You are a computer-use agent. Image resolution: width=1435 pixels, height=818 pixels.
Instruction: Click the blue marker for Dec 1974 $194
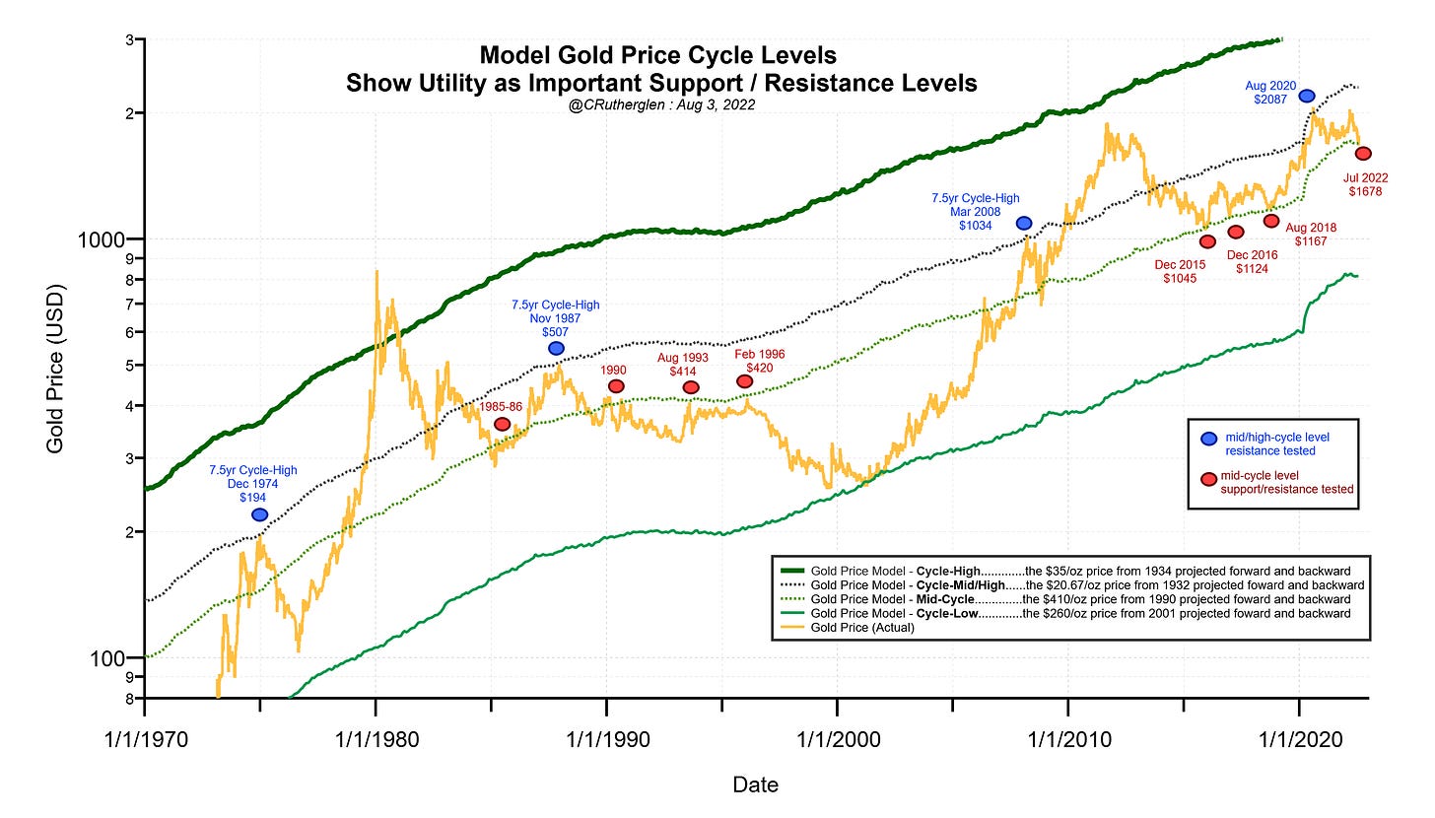259,514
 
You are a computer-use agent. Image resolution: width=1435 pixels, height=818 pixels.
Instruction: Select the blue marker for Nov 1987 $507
556,349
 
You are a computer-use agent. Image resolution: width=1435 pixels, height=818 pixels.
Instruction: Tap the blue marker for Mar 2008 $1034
1024,224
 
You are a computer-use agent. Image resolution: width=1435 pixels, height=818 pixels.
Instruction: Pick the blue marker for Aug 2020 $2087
1307,96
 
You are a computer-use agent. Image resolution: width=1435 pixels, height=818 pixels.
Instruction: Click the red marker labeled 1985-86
502,424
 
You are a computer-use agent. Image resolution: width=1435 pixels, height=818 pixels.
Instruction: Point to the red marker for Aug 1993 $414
691,387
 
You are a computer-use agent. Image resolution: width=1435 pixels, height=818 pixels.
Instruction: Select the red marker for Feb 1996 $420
745,381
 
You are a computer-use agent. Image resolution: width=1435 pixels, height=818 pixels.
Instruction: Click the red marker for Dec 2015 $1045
1207,241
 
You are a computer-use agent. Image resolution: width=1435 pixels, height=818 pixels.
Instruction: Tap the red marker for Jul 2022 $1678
1363,154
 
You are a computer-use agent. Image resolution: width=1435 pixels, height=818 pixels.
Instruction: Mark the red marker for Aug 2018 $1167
1271,222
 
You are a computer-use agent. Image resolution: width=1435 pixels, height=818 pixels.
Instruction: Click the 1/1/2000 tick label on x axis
837,738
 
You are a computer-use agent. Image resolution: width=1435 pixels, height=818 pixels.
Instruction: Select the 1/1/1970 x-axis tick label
145,738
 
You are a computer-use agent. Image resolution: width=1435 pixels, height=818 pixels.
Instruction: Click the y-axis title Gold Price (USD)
56,369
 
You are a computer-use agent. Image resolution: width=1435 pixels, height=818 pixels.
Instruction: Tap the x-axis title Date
755,785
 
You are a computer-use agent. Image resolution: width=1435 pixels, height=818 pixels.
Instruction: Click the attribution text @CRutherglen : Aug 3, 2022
661,104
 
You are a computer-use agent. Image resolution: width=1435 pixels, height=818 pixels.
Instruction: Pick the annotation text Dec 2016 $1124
1253,261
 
